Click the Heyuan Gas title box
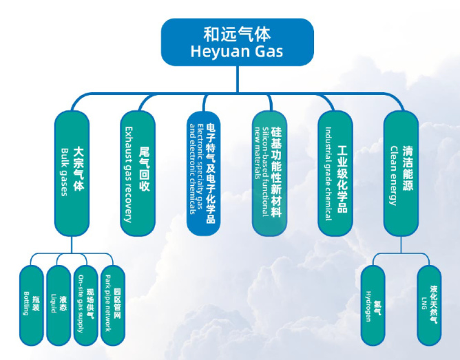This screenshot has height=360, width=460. pyautogui.click(x=237, y=42)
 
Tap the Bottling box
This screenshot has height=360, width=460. pyautogui.click(x=31, y=305)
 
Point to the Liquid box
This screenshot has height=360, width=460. pyautogui.click(x=59, y=305)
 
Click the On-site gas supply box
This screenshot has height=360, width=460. pyautogui.click(x=85, y=305)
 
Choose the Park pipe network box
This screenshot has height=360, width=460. pyautogui.click(x=112, y=305)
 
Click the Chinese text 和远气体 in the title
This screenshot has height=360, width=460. pyautogui.click(x=237, y=33)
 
